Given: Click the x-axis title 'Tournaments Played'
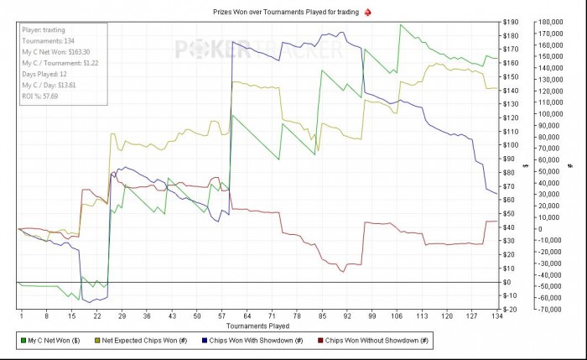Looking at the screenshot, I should click(258, 325).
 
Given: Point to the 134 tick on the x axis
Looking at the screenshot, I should click(498, 316).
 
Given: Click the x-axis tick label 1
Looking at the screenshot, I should click(20, 316).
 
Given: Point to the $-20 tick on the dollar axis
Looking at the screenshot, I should click(510, 310).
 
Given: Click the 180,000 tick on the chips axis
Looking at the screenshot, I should click(550, 22).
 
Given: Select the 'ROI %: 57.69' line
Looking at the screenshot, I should click(40, 95).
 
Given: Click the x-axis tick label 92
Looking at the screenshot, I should click(347, 316).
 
